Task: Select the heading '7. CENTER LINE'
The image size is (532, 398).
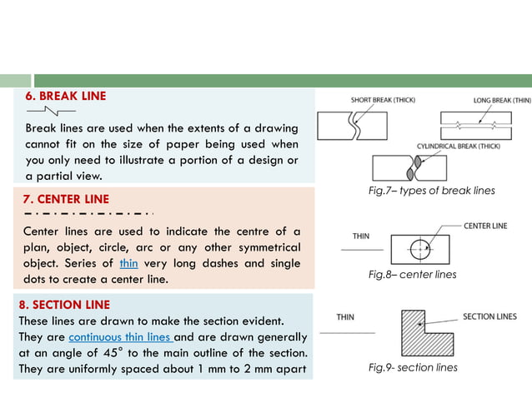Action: point(68,199)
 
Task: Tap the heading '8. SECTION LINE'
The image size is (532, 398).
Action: point(64,304)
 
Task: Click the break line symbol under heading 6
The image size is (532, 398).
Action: point(51,110)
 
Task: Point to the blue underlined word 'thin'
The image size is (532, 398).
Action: point(128,263)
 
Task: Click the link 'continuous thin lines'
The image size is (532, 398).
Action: point(120,337)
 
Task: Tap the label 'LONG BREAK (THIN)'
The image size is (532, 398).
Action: point(501,100)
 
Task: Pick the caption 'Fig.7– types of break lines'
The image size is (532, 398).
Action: point(431,191)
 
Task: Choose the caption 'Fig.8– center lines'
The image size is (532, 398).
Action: point(412,274)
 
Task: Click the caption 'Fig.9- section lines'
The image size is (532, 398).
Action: point(413,367)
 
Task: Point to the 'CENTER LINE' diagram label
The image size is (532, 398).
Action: point(484,226)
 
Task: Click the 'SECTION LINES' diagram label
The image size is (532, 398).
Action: point(489,316)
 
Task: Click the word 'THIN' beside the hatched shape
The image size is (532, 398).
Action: point(345,317)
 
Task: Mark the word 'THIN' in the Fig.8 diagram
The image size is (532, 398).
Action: point(360,236)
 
